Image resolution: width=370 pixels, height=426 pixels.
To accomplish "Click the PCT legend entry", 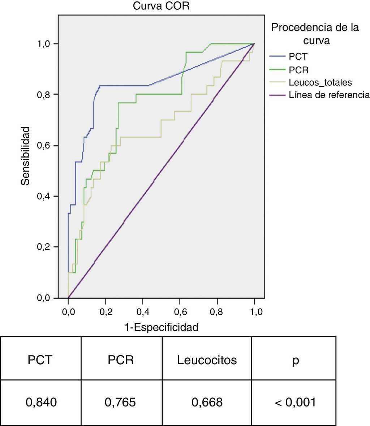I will (298, 56).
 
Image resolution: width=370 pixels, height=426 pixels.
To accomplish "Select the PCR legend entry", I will (299, 70).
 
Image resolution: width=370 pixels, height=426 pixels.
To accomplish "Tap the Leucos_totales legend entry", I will (320, 83).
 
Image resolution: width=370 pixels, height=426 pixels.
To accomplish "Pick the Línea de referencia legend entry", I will (329, 95).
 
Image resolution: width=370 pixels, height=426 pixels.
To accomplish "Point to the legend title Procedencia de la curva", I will (315, 34).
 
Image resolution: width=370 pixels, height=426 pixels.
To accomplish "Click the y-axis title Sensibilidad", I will (25, 156).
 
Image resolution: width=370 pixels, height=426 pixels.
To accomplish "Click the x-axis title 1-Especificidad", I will (161, 327).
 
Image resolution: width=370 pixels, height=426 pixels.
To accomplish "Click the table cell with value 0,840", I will (41, 402).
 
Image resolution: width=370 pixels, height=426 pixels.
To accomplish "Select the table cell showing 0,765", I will (121, 402).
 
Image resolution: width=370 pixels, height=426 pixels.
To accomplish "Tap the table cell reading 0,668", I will (207, 402).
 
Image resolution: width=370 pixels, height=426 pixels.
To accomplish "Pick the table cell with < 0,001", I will (295, 402).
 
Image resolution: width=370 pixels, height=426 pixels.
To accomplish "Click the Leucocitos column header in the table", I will (207, 360).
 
